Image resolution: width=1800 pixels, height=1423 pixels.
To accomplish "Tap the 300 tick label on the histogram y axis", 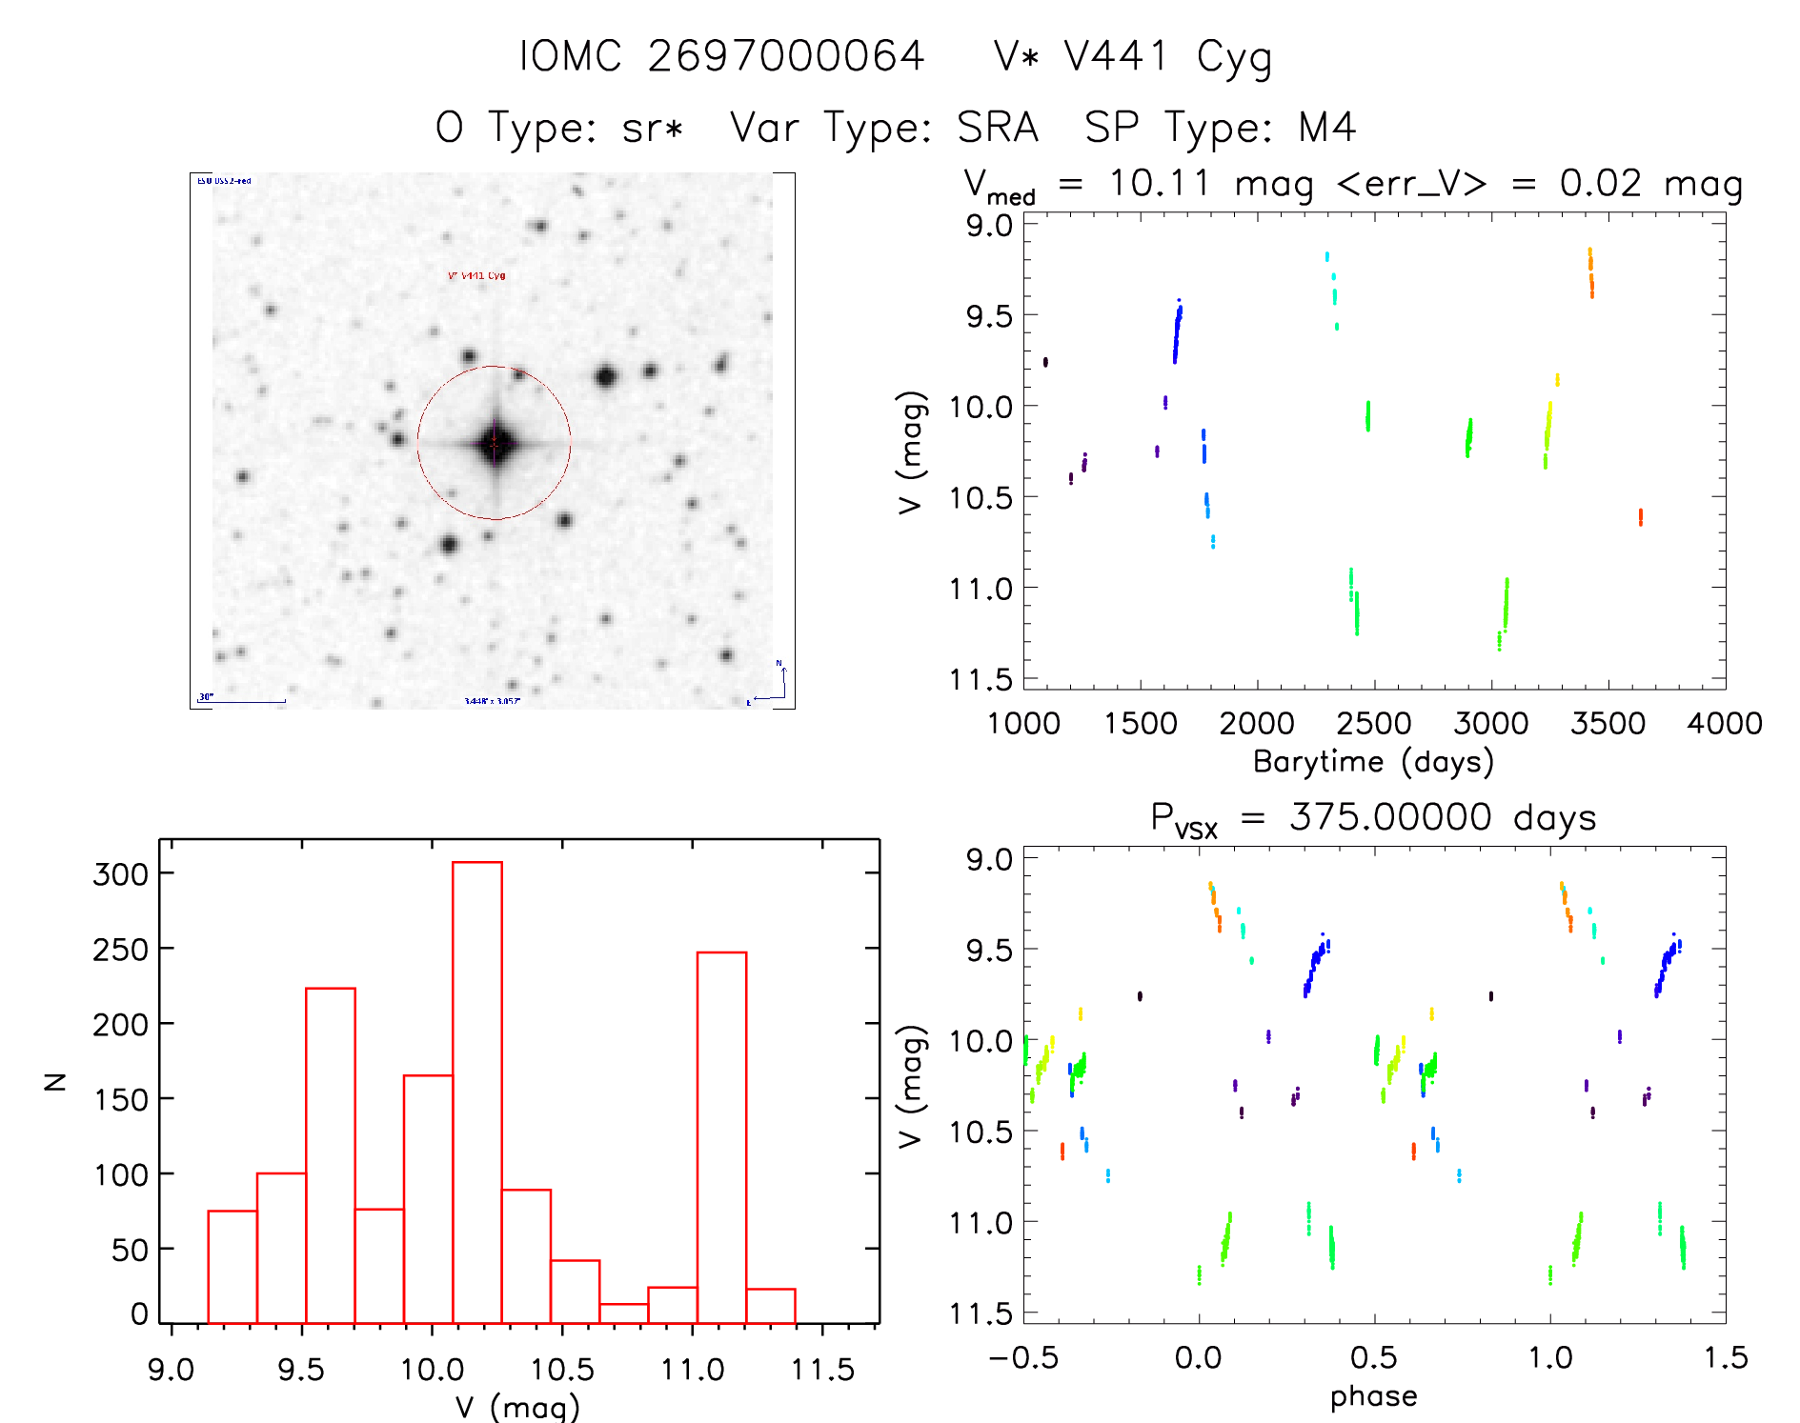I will pyautogui.click(x=121, y=874).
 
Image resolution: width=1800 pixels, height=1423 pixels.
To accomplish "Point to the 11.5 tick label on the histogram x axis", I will pyautogui.click(x=822, y=1370).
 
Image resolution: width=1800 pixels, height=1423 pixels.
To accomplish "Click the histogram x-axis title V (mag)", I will pyautogui.click(x=517, y=1407).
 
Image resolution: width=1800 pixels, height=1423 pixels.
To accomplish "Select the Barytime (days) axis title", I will pyautogui.click(x=1373, y=762).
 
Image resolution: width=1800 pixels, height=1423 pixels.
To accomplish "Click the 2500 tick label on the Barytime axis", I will pyautogui.click(x=1374, y=724).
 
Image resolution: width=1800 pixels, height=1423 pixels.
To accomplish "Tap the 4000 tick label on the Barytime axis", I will pyautogui.click(x=1725, y=724).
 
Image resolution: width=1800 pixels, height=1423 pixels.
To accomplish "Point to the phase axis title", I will pyautogui.click(x=1373, y=1396).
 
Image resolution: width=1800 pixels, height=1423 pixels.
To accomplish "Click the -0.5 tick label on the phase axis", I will pyautogui.click(x=1023, y=1358).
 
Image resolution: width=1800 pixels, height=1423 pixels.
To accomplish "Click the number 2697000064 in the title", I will pyautogui.click(x=786, y=57).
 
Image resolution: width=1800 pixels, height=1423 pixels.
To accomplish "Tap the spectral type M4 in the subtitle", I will pyautogui.click(x=1327, y=128).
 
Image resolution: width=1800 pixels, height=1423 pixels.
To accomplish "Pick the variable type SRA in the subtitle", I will pyautogui.click(x=998, y=128).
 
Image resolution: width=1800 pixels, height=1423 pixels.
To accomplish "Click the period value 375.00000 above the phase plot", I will pyautogui.click(x=1390, y=817).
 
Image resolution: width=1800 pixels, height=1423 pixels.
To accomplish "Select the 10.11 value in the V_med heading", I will pyautogui.click(x=1160, y=183).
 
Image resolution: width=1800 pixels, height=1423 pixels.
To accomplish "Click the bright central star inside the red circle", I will pyautogui.click(x=495, y=443).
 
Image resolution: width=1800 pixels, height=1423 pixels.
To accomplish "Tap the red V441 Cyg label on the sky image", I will pyautogui.click(x=476, y=276).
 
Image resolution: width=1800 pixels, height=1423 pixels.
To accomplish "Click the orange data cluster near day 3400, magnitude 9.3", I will pyautogui.click(x=1590, y=272).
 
